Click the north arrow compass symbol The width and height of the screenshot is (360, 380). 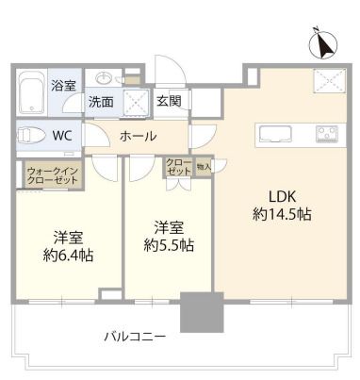tap(324, 43)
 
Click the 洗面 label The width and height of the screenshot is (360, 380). tap(102, 102)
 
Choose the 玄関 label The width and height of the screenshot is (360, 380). tap(169, 101)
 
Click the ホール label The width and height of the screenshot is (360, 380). tap(138, 137)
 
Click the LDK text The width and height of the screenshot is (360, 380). tap(283, 197)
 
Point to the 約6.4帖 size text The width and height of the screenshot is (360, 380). tap(67, 254)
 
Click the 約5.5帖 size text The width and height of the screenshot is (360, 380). tap(170, 245)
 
